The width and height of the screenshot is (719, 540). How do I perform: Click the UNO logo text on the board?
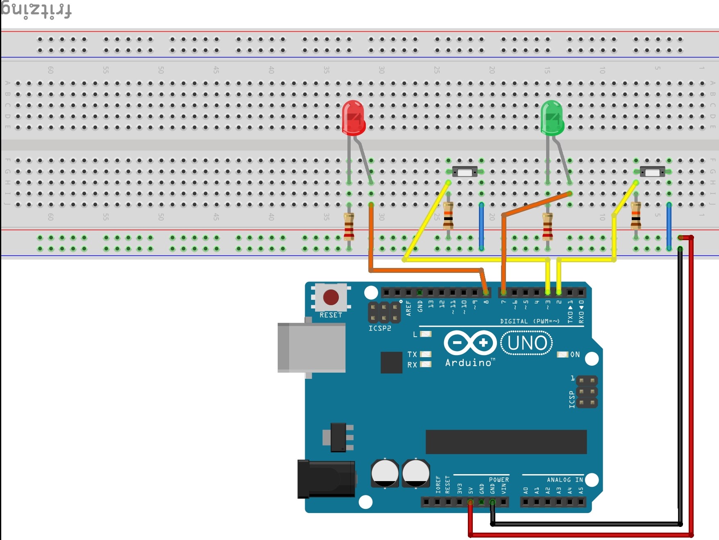[527, 343]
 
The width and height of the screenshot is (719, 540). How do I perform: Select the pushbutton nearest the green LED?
[652, 172]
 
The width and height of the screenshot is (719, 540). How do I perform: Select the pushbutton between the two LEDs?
[465, 172]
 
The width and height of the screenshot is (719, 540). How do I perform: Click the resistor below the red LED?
[349, 227]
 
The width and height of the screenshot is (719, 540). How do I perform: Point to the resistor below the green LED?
[547, 227]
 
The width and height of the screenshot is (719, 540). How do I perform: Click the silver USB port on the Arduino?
[311, 347]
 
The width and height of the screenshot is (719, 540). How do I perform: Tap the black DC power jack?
[326, 479]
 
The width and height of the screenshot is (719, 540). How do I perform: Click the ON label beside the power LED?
[575, 355]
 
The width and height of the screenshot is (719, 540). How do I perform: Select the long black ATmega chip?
[506, 442]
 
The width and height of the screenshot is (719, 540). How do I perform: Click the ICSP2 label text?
[379, 328]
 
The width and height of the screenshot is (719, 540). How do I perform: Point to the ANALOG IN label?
[565, 480]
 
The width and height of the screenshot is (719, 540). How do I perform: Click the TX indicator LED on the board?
[426, 354]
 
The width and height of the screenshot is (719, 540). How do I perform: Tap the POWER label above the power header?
[499, 480]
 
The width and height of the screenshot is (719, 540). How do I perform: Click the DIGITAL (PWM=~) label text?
[529, 322]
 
